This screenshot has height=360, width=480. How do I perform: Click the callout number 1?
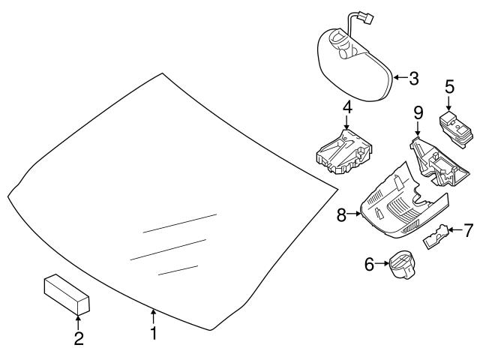[x=154, y=333]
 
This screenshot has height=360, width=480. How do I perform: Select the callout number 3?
[x=413, y=77]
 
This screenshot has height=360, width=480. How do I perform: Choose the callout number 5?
[x=449, y=87]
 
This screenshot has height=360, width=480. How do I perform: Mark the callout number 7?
[x=468, y=229]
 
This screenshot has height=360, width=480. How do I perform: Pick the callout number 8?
[x=341, y=215]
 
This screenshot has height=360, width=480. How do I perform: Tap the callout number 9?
[x=418, y=115]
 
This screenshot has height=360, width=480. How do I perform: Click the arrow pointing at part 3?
[x=400, y=77]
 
